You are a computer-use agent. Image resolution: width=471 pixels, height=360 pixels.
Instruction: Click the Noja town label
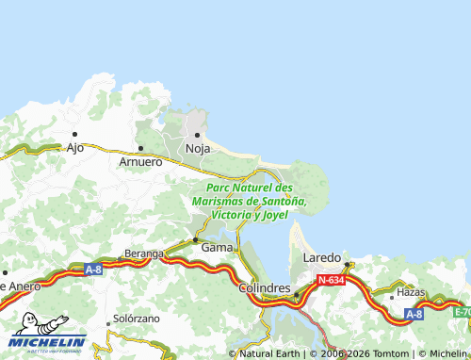click(x=198, y=149)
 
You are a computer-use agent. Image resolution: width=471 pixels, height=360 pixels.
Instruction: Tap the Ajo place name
click(x=75, y=148)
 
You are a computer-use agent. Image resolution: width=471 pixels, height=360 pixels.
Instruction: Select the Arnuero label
click(x=140, y=161)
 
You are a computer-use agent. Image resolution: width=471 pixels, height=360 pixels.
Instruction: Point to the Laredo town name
click(x=321, y=257)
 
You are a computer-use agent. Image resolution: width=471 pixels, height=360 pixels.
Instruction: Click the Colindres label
click(x=265, y=287)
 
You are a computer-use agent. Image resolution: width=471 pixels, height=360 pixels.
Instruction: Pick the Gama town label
click(x=217, y=246)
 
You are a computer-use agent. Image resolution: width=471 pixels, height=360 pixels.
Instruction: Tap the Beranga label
click(x=144, y=254)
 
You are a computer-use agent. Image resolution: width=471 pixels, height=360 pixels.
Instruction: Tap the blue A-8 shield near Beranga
click(x=93, y=269)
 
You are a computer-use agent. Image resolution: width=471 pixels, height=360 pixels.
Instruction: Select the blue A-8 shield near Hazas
click(x=413, y=315)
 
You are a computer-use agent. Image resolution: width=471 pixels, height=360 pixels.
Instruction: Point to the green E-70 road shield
click(x=461, y=312)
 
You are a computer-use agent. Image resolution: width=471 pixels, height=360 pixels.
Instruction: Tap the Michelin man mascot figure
click(x=27, y=325)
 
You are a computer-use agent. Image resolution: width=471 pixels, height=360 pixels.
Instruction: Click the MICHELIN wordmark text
click(x=49, y=343)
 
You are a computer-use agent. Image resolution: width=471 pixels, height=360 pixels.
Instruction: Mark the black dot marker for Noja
click(x=197, y=135)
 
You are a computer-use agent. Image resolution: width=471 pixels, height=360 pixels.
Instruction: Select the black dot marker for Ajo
click(x=74, y=134)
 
